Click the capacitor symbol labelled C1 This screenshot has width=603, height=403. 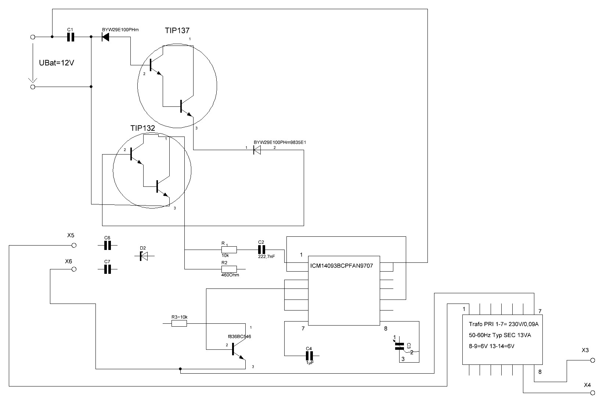[x=71, y=37]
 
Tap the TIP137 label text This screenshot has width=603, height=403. [x=177, y=30]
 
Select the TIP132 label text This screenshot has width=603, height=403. [x=143, y=128]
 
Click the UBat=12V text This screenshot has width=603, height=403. [x=57, y=63]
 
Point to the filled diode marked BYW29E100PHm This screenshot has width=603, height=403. [x=106, y=37]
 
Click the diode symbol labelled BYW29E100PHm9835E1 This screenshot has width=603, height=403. [x=257, y=150]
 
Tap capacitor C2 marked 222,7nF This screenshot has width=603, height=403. [x=261, y=250]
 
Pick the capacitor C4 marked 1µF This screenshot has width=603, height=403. [x=309, y=355]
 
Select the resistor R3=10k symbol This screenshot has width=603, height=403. [x=179, y=323]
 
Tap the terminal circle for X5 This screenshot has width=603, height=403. [x=73, y=245]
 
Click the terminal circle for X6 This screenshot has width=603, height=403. [x=73, y=269]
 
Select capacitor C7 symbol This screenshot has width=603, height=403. [x=107, y=269]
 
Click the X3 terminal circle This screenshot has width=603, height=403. [x=592, y=360]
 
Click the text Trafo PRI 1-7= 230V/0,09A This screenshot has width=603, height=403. [x=503, y=324]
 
